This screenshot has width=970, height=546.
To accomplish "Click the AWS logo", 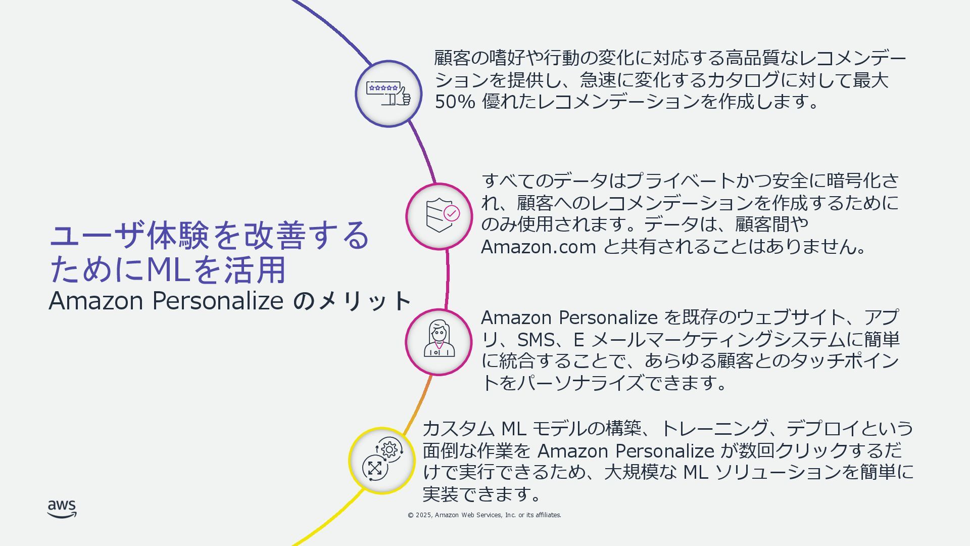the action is tap(62, 509).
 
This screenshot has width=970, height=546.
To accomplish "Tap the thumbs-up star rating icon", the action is tap(389, 94).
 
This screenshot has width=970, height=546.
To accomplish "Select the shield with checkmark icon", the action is tap(439, 216).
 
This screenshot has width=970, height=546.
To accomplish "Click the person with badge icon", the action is tap(439, 342).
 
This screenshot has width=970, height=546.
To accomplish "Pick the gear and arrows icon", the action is tap(382, 460).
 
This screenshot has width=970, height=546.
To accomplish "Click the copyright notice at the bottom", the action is tap(484, 515).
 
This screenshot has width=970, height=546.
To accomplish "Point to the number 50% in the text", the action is tap(455, 102).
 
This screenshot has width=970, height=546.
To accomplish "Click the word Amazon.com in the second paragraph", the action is tap(539, 247).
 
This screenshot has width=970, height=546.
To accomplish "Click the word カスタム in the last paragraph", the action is tap(458, 429).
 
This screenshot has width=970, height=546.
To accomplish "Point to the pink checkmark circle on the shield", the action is tap(451, 213).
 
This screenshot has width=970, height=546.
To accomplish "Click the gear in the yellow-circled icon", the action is tap(390, 449).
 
